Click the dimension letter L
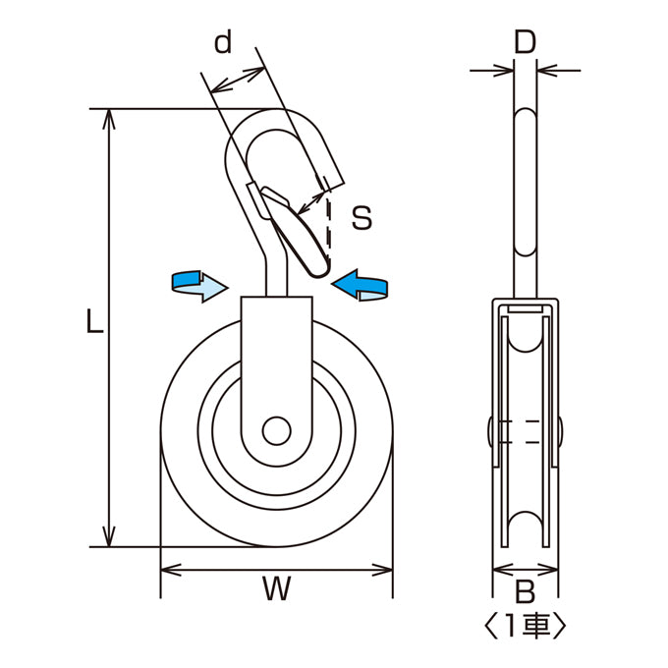94,321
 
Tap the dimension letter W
276,587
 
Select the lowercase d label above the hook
223,42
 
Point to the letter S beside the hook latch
362,217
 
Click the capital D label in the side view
525,41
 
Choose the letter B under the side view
526,591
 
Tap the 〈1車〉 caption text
526,626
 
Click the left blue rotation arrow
199,286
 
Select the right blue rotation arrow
360,285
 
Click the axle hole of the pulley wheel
276,430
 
